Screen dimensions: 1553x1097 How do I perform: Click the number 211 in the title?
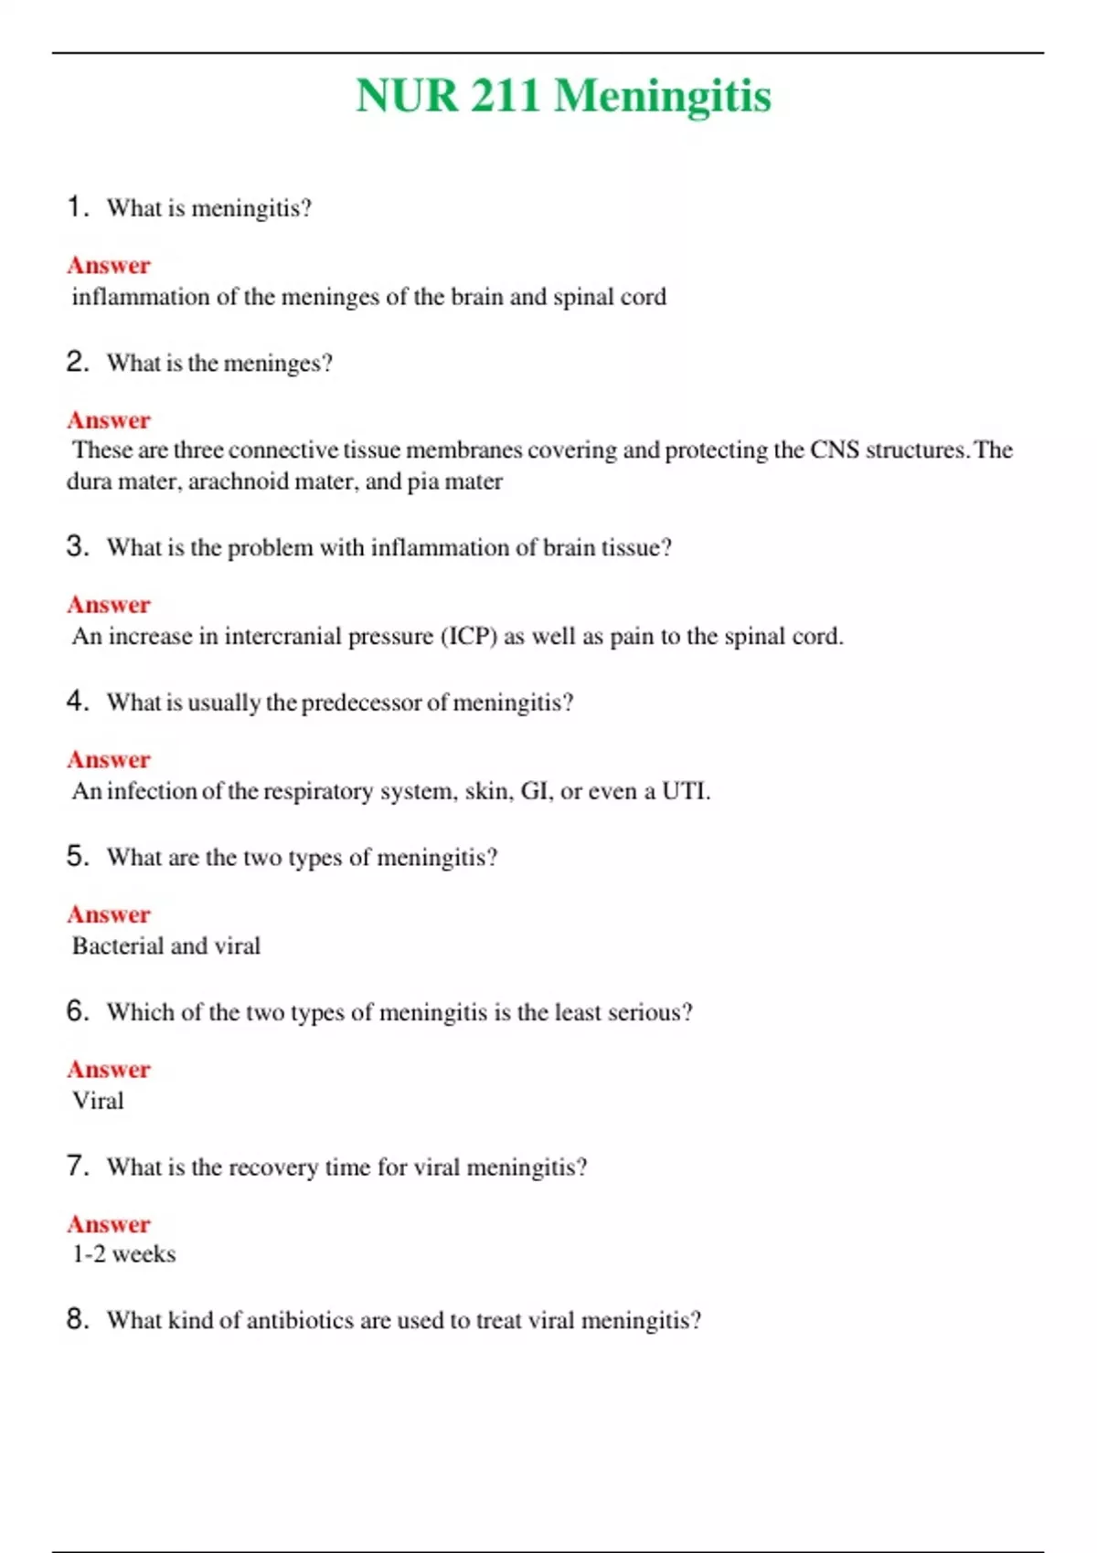click(x=506, y=96)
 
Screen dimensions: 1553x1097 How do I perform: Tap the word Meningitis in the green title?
click(x=663, y=96)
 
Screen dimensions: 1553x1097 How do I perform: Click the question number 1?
click(x=76, y=206)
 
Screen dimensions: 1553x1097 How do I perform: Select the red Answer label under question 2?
click(x=109, y=420)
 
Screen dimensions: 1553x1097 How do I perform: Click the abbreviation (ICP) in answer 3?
click(x=469, y=636)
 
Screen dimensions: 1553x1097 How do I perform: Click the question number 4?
click(x=76, y=702)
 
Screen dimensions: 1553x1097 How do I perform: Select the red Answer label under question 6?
click(x=109, y=1069)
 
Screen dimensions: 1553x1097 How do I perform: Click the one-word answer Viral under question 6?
click(x=98, y=1101)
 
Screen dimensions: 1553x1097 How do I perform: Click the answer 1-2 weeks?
click(x=123, y=1254)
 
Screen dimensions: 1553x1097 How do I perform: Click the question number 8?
click(x=76, y=1319)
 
